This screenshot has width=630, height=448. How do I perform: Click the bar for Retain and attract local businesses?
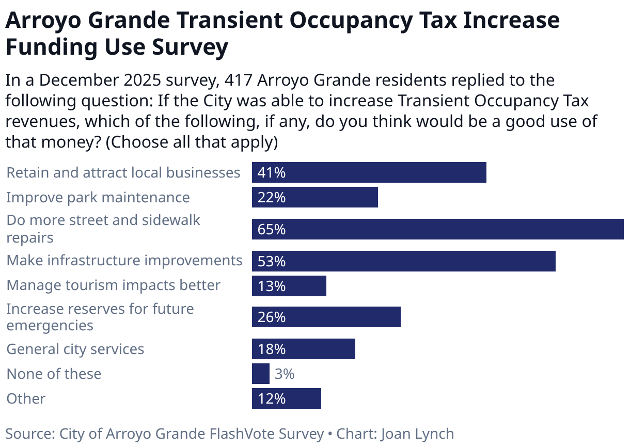(x=369, y=172)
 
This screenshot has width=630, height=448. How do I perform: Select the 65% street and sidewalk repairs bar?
(x=437, y=229)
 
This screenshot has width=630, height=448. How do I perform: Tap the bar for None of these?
(x=260, y=374)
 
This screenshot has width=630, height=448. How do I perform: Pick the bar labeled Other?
(x=286, y=398)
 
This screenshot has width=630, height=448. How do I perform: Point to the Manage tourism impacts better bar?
(x=289, y=285)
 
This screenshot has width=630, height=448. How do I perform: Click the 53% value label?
(x=272, y=261)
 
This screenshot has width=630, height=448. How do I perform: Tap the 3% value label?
(x=285, y=374)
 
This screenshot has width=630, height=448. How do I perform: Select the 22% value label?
(x=272, y=198)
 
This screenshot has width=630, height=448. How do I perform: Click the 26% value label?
(x=272, y=317)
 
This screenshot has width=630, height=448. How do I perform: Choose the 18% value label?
(x=272, y=349)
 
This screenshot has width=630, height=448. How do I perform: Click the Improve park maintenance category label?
(x=98, y=198)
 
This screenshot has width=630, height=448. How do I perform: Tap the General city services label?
(x=75, y=349)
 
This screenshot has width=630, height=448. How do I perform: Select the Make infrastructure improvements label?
(x=124, y=261)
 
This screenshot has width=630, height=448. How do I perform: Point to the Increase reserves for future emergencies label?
(x=100, y=317)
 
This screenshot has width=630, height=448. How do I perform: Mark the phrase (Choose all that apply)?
(x=192, y=142)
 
